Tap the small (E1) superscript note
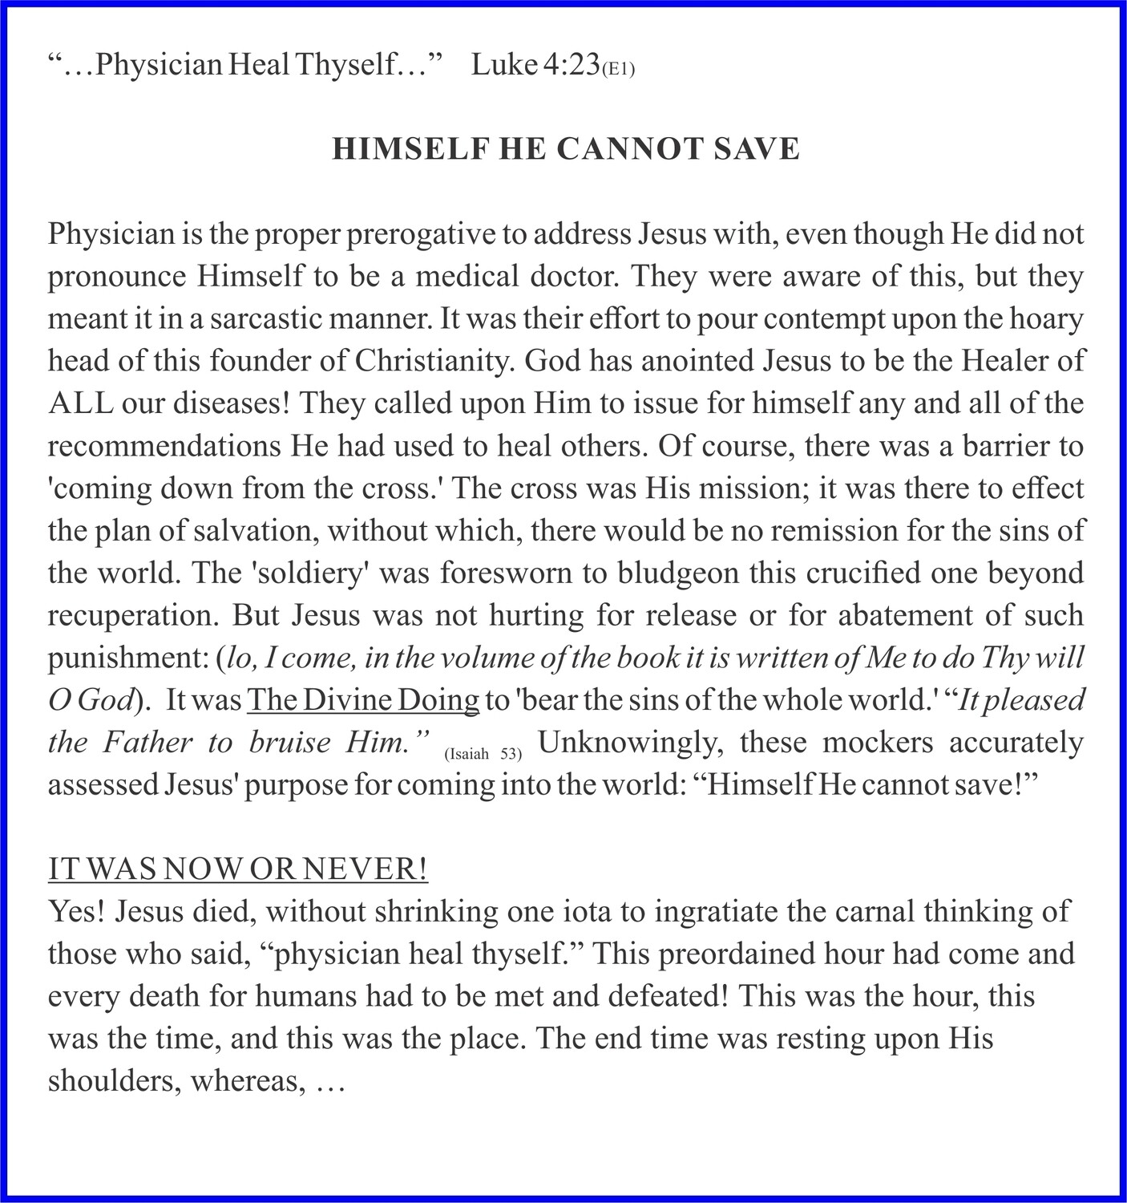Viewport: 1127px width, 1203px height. click(618, 70)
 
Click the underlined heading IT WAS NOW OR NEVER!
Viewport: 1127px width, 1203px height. click(238, 869)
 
